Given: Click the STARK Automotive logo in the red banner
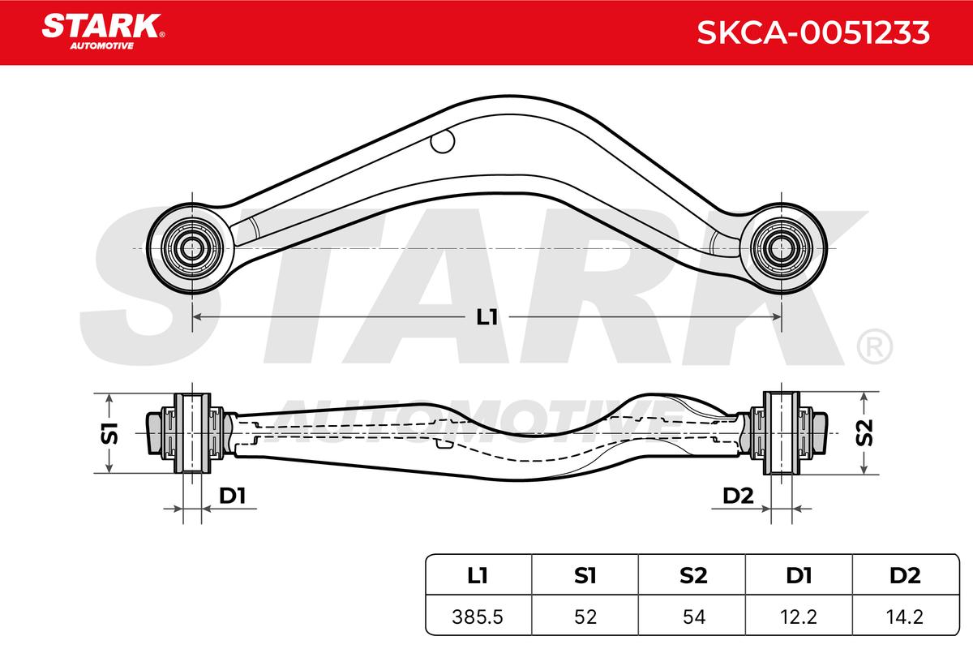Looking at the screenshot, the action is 103,32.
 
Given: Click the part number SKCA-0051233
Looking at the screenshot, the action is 813,32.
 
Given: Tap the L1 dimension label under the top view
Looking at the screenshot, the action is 487,317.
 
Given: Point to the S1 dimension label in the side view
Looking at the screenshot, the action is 109,433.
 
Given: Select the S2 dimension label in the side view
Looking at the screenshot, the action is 864,432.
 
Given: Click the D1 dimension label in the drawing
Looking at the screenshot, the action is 233,496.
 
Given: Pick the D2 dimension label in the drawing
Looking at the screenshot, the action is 738,496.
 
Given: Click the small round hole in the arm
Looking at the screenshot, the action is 443,142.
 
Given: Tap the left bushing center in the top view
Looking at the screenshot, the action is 191,248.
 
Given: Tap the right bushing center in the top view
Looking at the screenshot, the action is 781,248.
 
